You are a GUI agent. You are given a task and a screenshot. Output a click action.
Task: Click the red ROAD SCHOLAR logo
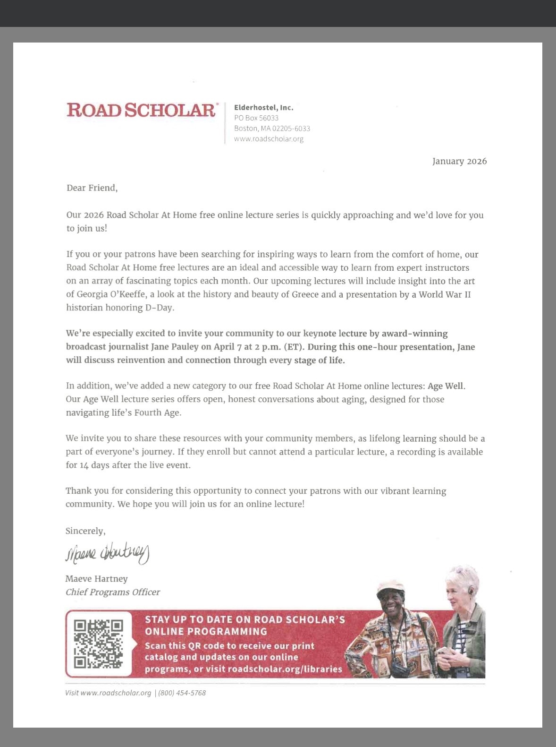[141, 110]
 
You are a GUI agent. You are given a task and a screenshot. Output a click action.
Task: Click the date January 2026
[459, 161]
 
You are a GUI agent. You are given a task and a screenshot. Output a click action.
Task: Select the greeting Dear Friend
[92, 188]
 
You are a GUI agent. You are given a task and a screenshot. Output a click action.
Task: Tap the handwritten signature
[107, 553]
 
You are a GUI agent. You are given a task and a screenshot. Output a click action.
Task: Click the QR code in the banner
[98, 644]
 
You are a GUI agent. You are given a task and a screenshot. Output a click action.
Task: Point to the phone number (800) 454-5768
[182, 693]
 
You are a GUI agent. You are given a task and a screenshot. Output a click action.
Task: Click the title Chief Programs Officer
[113, 592]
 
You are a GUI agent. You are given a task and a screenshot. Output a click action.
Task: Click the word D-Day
[159, 308]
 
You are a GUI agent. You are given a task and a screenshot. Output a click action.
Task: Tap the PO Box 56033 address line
[256, 118]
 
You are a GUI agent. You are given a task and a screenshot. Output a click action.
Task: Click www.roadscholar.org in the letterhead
[269, 139]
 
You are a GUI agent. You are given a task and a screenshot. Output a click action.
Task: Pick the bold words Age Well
[446, 386]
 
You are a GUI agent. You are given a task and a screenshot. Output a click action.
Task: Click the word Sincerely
[85, 531]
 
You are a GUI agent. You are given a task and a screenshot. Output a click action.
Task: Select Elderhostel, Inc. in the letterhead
[263, 108]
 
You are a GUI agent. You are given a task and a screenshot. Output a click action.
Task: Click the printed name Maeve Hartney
[96, 579]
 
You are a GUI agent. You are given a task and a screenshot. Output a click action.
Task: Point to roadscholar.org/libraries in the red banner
[285, 669]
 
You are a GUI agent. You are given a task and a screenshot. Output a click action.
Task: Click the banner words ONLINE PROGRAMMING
[206, 631]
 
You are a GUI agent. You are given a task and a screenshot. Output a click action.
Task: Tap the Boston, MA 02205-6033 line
[272, 129]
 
